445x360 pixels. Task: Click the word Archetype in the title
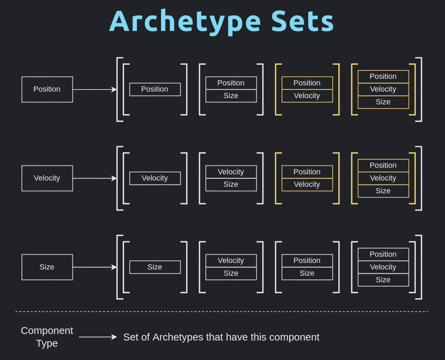coord(185,22)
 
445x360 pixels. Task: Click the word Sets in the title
coord(302,21)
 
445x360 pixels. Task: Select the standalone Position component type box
coord(47,90)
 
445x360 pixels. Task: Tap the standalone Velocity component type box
coord(47,178)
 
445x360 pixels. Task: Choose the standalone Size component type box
coord(47,267)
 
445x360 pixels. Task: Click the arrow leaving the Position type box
coord(95,90)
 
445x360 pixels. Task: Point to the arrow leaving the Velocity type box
coord(95,178)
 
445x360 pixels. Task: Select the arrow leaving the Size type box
coord(95,267)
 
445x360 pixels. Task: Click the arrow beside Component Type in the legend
coord(98,337)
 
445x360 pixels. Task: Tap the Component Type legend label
coord(47,337)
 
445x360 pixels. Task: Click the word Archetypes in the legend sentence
coord(178,337)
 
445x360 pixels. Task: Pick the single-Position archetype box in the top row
coord(155,90)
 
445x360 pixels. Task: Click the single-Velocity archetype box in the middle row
coord(155,178)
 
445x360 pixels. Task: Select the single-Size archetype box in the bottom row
coord(155,267)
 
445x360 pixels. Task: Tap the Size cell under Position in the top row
coord(231,96)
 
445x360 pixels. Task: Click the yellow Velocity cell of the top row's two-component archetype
coord(307,96)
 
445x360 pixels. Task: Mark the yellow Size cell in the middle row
coord(383,191)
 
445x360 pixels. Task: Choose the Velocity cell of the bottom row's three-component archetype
coord(383,267)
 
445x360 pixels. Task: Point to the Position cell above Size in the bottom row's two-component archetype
coord(307,261)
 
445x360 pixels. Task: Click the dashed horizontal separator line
coord(222,311)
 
